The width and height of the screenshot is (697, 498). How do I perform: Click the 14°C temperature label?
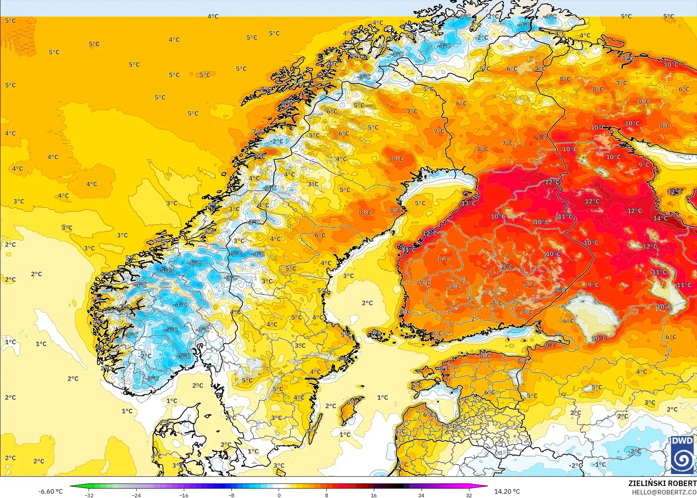[x=660, y=218]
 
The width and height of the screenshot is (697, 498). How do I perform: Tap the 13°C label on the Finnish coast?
[x=469, y=203]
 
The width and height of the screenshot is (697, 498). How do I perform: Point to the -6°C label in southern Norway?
[x=195, y=263]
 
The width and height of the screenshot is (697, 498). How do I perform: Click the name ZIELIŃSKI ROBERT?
[x=662, y=483]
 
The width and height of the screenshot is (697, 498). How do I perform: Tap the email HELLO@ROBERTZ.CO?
[x=664, y=492]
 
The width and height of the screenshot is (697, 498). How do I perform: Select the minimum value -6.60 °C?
[x=50, y=491]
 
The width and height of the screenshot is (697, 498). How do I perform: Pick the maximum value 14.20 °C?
[x=507, y=491]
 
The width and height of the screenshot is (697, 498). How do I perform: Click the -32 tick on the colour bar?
[x=89, y=495]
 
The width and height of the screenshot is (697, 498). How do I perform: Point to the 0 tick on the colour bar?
[x=279, y=495]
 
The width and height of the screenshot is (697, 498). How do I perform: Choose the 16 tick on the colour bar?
[x=373, y=495]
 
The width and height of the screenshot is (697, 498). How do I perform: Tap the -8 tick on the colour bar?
[x=231, y=495]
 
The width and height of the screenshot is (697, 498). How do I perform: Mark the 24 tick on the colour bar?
[x=421, y=495]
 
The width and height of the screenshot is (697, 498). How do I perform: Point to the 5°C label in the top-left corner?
[x=10, y=21]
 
